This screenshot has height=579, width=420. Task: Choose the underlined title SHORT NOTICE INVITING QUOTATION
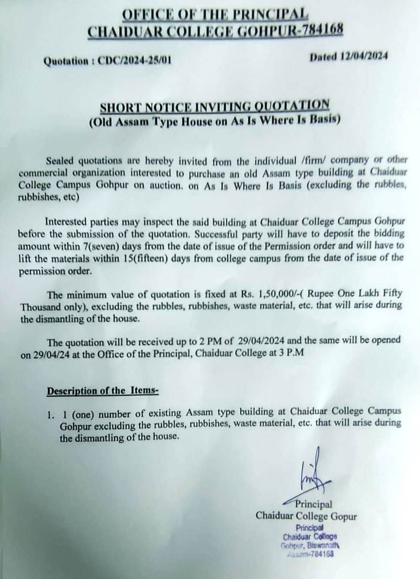point(214,106)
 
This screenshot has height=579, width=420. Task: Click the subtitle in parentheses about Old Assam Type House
point(214,121)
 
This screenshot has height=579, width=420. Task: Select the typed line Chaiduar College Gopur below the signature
point(307,515)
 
